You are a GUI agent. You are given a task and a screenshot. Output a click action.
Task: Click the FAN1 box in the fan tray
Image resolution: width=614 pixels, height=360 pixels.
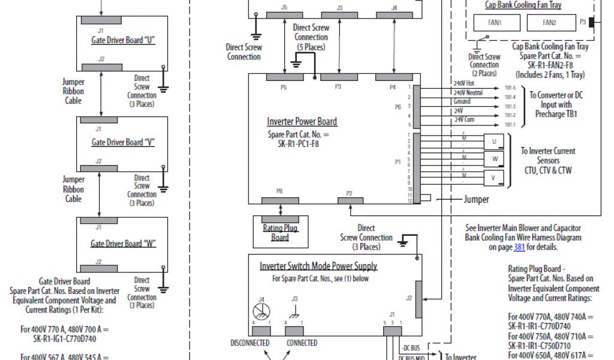tap(496, 23)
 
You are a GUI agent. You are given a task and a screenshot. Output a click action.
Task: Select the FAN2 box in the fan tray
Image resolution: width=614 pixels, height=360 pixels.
tap(549, 23)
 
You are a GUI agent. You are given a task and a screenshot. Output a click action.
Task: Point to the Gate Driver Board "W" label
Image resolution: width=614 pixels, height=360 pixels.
tap(123, 244)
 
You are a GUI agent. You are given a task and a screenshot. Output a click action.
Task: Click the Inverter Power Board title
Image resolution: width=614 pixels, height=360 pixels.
tap(302, 121)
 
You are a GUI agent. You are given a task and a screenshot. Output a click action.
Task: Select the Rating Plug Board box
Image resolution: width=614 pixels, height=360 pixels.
tap(280, 232)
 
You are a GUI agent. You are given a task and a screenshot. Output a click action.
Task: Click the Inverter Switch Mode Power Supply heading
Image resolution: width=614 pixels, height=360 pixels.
tap(318, 266)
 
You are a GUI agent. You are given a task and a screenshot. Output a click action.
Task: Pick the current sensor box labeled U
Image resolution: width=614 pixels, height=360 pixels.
tap(494, 142)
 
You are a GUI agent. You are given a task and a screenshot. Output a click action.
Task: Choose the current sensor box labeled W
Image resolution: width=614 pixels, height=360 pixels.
tap(494, 160)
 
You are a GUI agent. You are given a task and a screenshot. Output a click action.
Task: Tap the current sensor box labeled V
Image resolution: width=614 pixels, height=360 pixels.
tap(494, 178)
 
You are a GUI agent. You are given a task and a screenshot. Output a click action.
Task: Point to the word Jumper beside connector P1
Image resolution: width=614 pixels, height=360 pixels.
tap(476, 199)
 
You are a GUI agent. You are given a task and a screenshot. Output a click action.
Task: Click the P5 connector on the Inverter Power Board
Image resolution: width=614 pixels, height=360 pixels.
tap(284, 78)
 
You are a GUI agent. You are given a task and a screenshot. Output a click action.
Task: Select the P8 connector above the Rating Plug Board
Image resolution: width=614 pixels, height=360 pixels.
tap(280, 200)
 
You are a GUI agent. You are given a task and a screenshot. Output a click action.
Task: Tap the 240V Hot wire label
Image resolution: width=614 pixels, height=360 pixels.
tap(463, 83)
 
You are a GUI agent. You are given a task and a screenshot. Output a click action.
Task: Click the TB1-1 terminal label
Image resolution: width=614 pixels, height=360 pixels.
tap(509, 125)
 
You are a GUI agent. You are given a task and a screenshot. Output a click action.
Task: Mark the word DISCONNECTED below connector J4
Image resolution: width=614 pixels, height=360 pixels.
tap(250, 343)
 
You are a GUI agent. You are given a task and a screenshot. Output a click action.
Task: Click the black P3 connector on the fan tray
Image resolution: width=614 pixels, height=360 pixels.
tap(592, 22)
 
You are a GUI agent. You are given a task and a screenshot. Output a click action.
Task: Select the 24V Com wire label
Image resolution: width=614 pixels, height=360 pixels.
tap(464, 119)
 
